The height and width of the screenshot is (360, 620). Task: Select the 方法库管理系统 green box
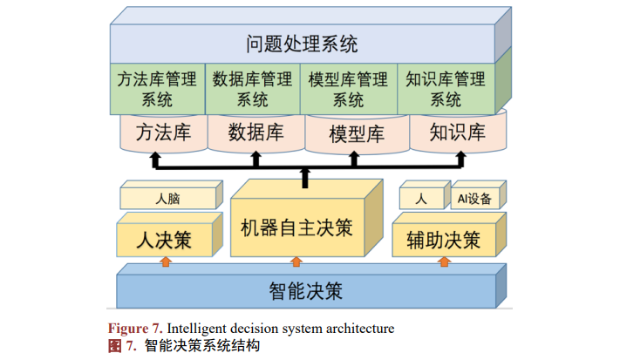coord(158,89)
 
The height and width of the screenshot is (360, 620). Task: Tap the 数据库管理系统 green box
coord(253,89)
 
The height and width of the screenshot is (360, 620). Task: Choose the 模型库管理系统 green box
coord(349,89)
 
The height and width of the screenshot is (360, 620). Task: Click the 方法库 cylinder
coord(161,133)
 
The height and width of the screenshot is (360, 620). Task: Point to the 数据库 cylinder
coord(255,133)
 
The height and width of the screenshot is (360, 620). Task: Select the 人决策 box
coord(164,238)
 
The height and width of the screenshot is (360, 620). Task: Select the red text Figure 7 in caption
coord(134,329)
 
